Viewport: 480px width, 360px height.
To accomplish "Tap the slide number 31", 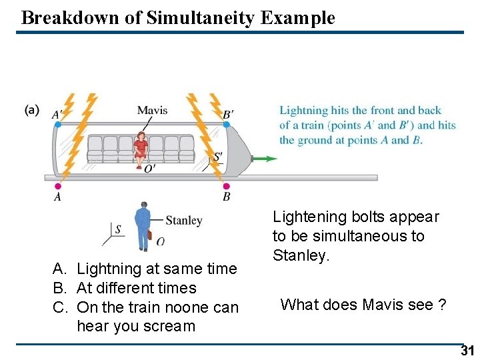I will click(x=466, y=351).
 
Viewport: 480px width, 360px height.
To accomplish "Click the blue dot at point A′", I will click(x=57, y=125).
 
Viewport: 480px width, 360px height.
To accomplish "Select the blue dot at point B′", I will click(x=226, y=125).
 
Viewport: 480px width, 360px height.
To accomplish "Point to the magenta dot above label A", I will click(x=57, y=186).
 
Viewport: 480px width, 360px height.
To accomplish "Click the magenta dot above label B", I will click(x=226, y=186).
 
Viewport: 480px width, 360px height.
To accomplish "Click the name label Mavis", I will click(x=152, y=110).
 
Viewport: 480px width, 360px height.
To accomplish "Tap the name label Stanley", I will click(x=183, y=221).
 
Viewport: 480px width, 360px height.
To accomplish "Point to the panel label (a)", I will click(x=31, y=109).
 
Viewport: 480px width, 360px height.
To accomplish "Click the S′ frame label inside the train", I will click(x=217, y=157).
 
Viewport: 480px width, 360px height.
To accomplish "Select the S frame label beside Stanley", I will click(x=118, y=229).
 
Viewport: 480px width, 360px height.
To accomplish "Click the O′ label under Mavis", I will click(x=150, y=169).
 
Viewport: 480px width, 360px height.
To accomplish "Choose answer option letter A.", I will click(x=59, y=269).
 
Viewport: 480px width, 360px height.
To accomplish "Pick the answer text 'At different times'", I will click(x=137, y=288).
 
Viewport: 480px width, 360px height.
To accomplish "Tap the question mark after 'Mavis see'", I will click(x=441, y=305).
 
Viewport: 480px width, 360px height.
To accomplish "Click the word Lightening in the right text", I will click(x=305, y=217).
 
